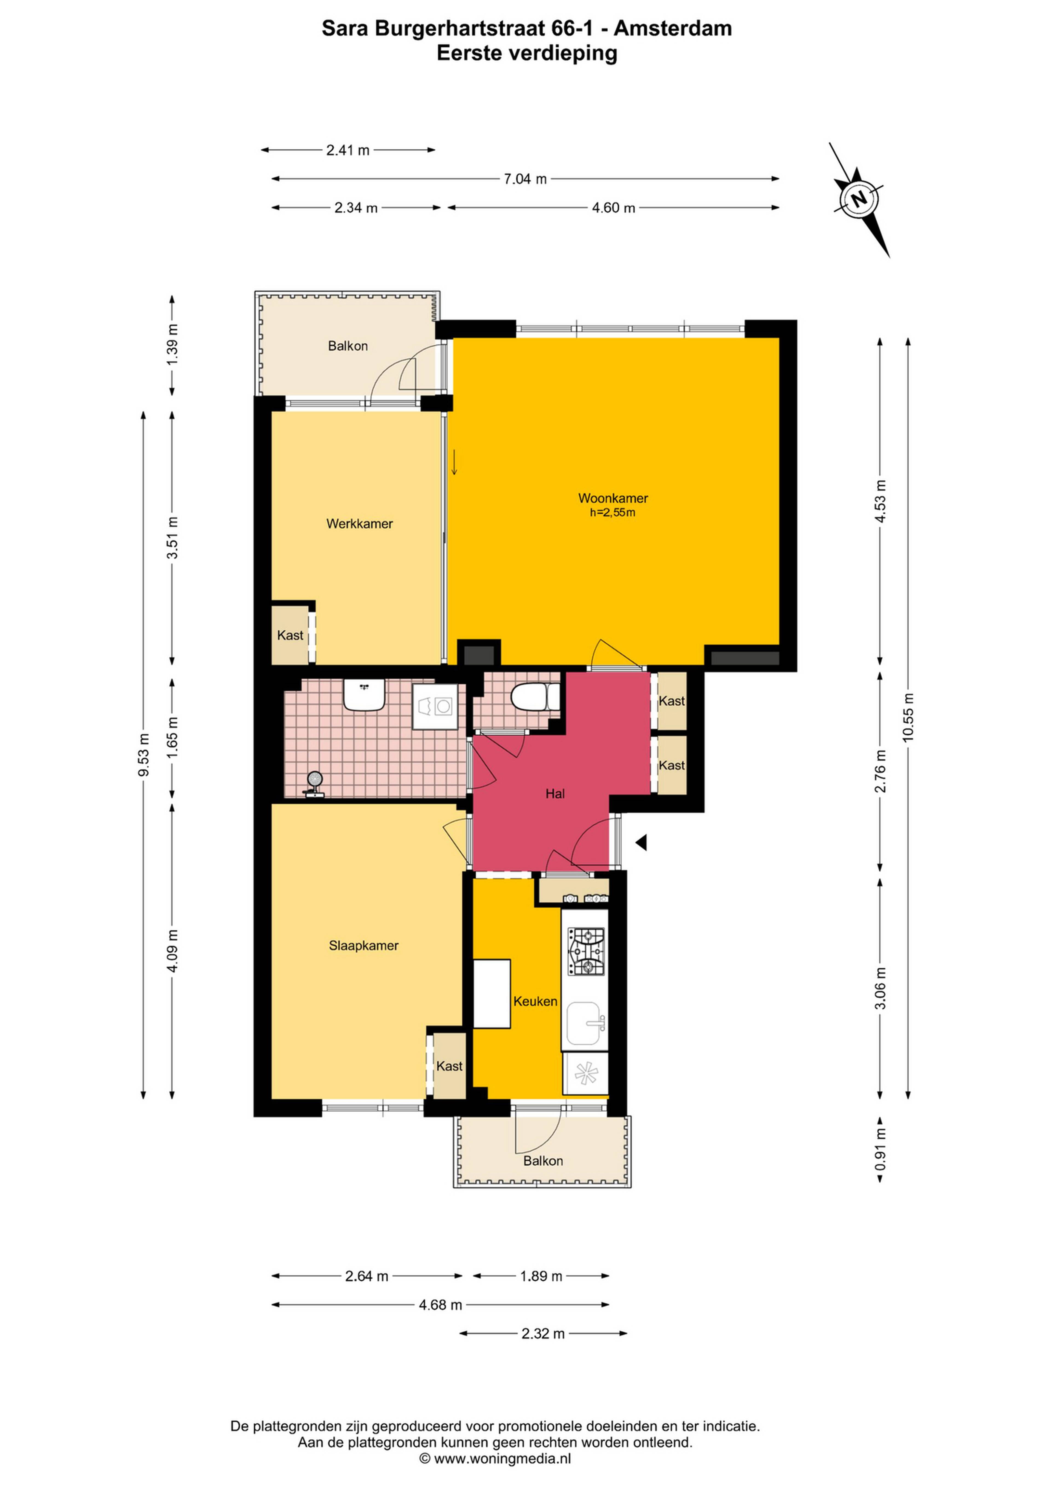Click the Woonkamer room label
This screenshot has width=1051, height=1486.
613,498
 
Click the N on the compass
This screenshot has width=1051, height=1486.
859,199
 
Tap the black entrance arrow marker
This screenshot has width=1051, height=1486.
641,842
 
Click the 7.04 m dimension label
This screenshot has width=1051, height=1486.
525,179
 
